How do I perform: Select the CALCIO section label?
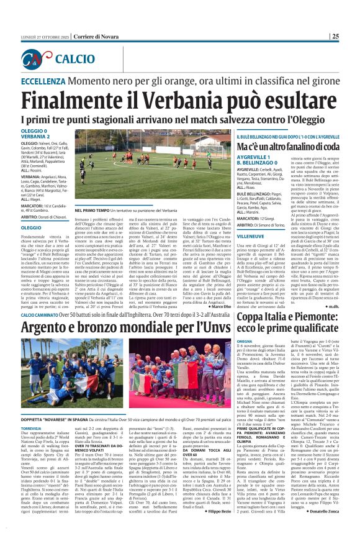[x=70, y=60]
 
